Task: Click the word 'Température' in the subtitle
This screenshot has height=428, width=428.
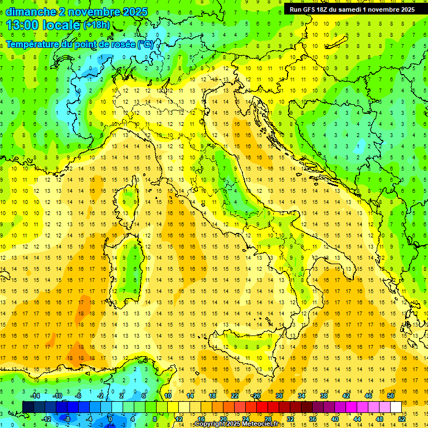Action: coord(33,43)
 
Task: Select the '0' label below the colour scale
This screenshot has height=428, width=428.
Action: coord(110,419)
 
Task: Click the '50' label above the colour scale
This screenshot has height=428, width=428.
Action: coord(390,396)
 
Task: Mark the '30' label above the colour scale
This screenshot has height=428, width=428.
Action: coord(279,396)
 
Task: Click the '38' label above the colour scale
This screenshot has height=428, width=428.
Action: coord(323,396)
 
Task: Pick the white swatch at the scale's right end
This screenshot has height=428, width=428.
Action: coord(396,407)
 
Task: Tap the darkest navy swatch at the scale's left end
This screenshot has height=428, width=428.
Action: coord(28,407)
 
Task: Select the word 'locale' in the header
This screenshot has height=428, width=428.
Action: coord(61,25)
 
